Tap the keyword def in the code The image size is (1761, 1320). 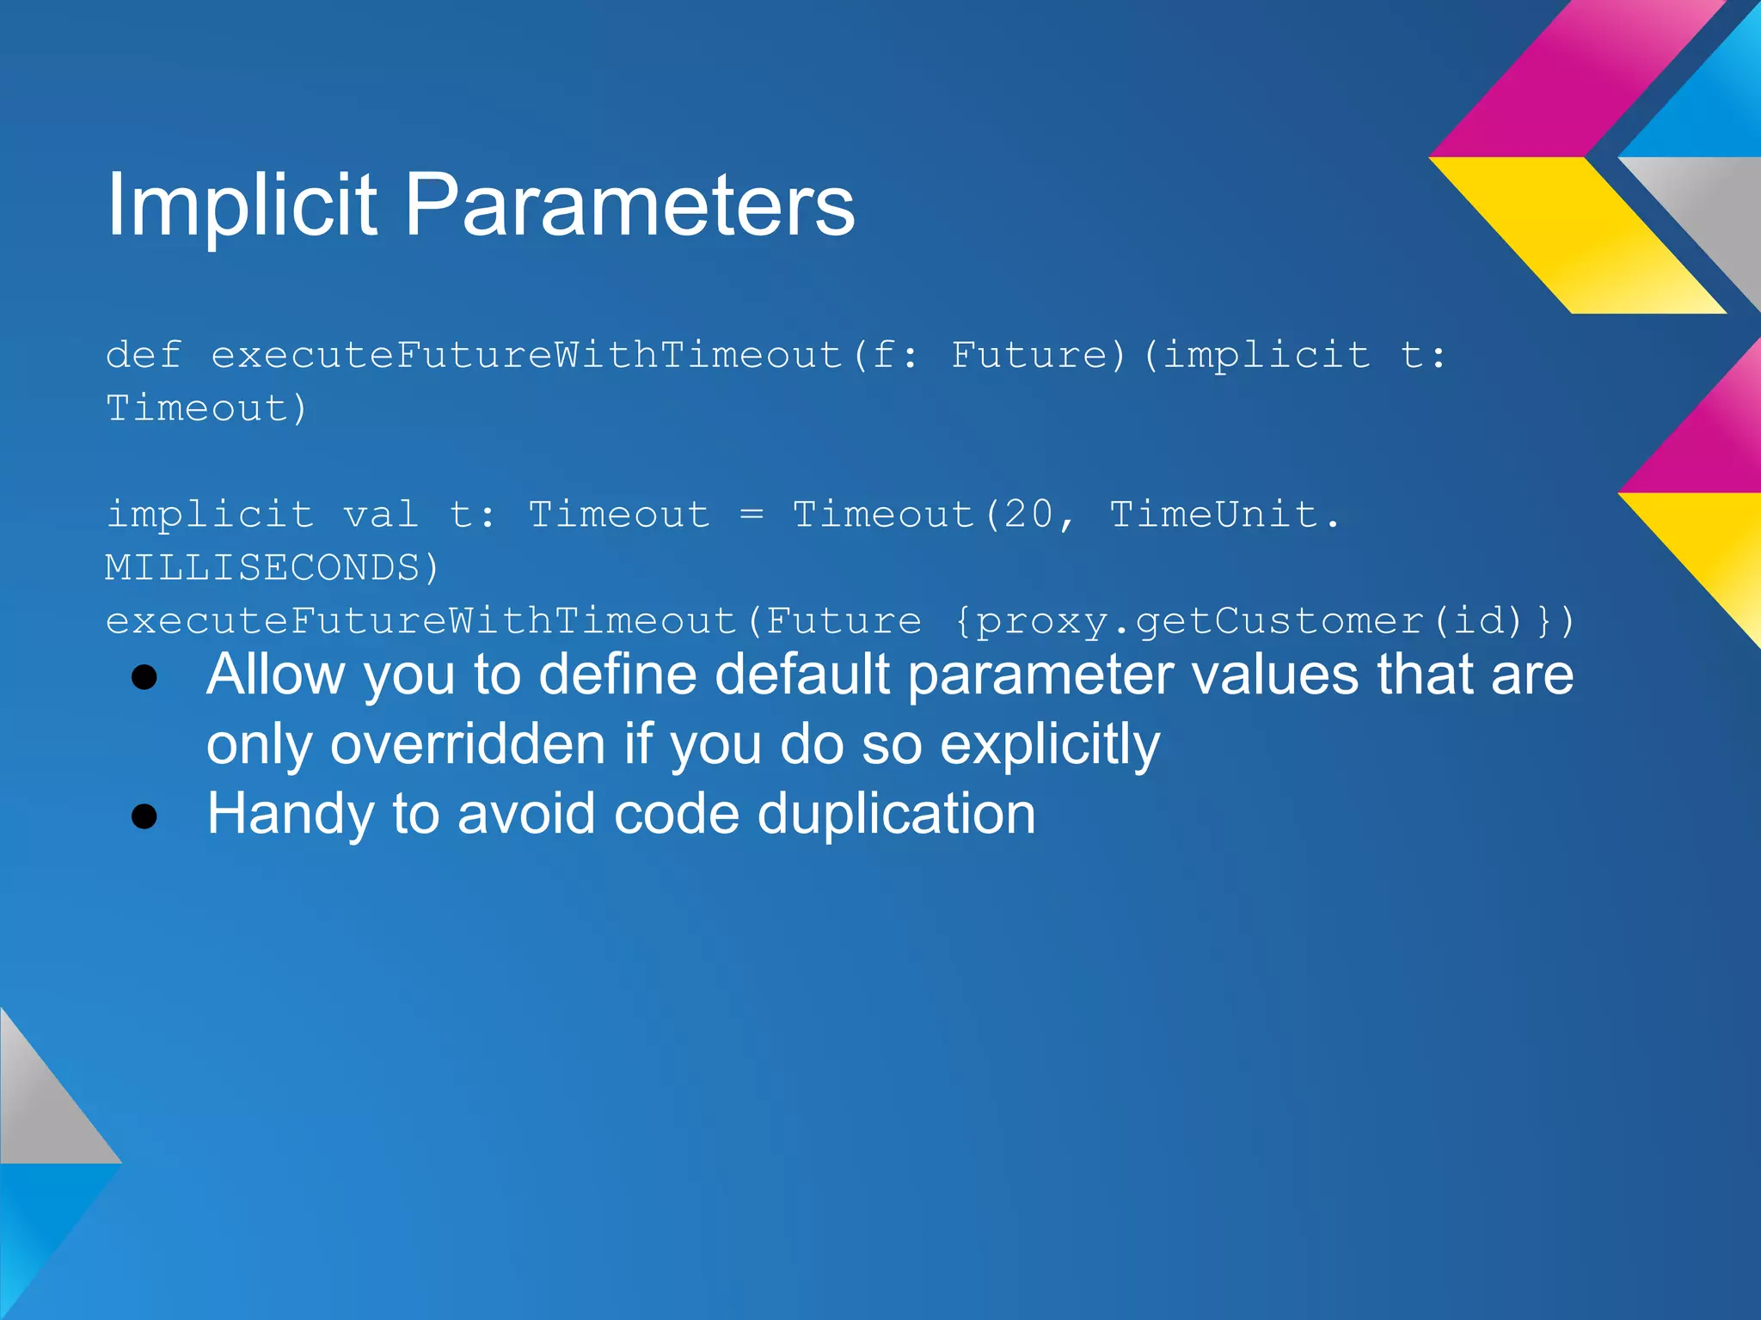click(144, 355)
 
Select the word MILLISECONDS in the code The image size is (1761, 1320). click(262, 568)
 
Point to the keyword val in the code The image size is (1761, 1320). click(381, 515)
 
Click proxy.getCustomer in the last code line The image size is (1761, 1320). click(1199, 621)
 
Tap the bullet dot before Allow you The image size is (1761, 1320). click(144, 677)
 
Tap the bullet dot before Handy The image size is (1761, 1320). click(144, 816)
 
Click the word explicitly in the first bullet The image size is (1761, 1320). click(1050, 744)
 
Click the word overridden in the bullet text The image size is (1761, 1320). click(468, 744)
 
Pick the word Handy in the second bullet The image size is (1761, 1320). click(290, 814)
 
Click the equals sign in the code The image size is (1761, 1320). click(751, 515)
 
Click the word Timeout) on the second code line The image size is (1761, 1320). click(206, 408)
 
